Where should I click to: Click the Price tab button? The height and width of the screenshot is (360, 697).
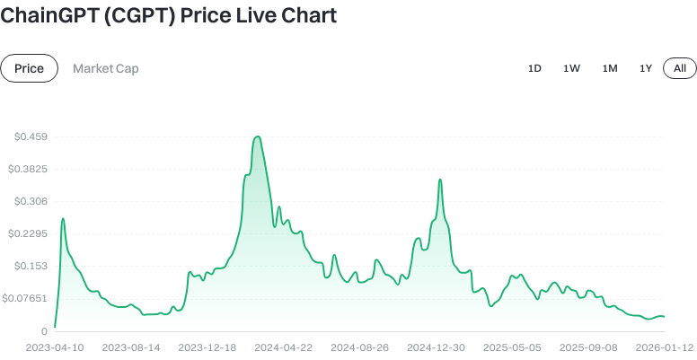(x=30, y=68)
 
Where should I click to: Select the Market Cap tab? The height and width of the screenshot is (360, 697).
(x=106, y=68)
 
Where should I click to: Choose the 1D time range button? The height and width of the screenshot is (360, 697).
(x=534, y=68)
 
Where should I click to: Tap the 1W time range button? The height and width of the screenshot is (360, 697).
(x=571, y=68)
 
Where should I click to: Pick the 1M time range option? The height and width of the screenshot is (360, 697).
(x=610, y=68)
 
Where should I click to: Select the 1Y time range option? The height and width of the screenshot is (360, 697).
(x=646, y=68)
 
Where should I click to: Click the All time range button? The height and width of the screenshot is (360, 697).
(x=679, y=68)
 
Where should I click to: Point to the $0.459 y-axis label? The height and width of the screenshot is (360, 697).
(x=31, y=136)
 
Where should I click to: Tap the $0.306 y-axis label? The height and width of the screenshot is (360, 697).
(x=31, y=201)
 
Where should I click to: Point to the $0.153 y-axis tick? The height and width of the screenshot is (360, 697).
(x=31, y=266)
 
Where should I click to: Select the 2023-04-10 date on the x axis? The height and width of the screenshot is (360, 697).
(x=55, y=347)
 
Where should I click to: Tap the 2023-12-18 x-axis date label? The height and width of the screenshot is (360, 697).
(x=207, y=347)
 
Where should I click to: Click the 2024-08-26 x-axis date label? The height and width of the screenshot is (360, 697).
(x=359, y=347)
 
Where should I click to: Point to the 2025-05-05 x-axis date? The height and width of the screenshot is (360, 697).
(x=512, y=347)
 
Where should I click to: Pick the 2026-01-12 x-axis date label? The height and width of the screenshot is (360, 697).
(x=665, y=347)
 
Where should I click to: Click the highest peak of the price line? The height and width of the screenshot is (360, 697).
(x=258, y=136)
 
